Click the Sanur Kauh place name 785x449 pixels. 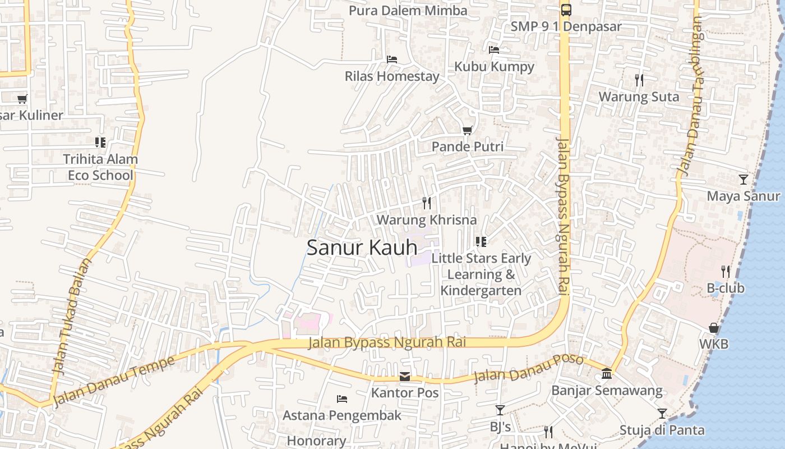pos(362,248)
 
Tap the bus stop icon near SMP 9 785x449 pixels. pos(566,10)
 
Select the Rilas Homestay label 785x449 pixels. pos(392,76)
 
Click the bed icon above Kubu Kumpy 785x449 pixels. pos(494,50)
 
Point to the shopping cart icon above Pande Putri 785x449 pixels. pos(467,130)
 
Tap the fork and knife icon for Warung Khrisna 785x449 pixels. pos(427,203)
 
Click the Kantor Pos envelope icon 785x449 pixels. pos(405,377)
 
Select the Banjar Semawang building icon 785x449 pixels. pos(607,374)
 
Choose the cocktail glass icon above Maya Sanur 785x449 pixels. pos(743,180)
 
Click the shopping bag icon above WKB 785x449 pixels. pos(714,328)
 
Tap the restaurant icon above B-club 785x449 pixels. pos(726,272)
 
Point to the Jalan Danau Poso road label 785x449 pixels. pos(529,368)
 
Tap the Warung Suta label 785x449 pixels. pos(639,97)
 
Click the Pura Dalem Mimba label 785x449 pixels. pos(408,11)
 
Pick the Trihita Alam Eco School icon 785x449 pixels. pos(100,143)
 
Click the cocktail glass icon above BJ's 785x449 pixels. pos(500,410)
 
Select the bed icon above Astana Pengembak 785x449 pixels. pos(342,399)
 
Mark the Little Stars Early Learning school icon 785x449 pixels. pos(481,242)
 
